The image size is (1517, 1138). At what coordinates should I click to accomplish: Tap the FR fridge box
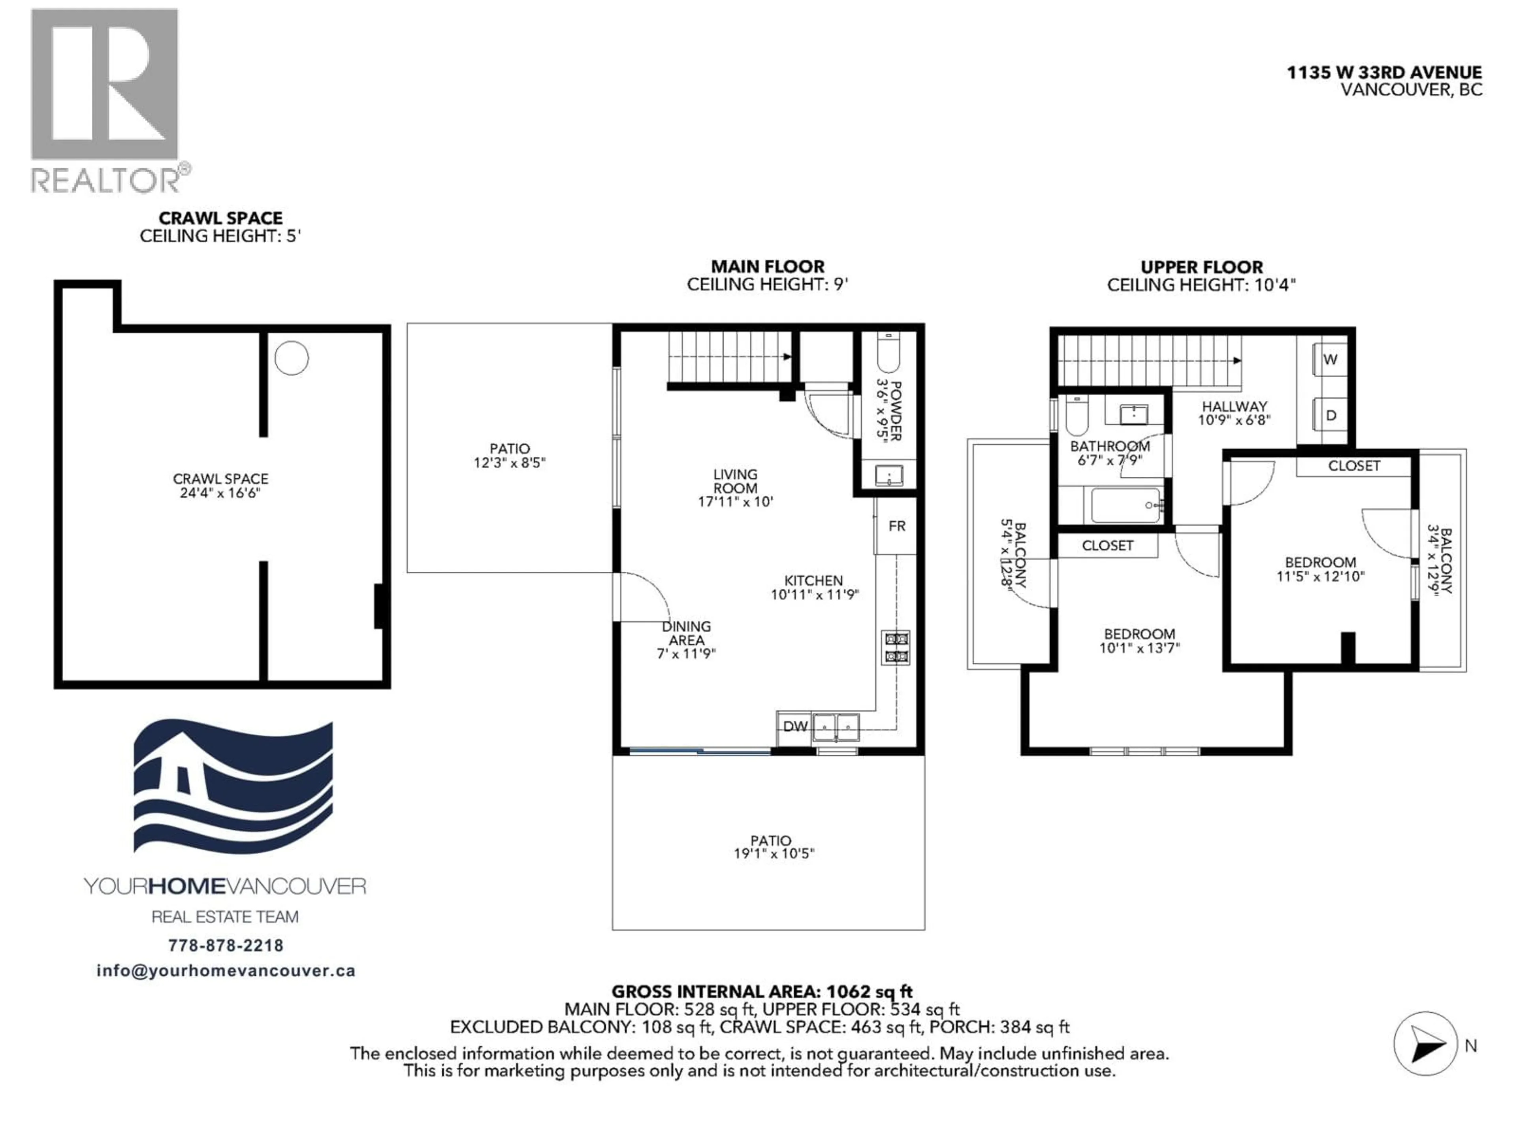click(896, 526)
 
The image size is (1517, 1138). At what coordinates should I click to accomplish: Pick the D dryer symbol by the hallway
click(1331, 415)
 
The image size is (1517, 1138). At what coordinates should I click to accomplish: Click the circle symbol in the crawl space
click(292, 358)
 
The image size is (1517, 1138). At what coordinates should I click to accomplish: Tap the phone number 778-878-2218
click(226, 945)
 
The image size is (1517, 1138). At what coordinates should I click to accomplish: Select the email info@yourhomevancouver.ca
click(226, 970)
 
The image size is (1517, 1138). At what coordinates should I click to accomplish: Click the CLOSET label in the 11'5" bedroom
click(1354, 466)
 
